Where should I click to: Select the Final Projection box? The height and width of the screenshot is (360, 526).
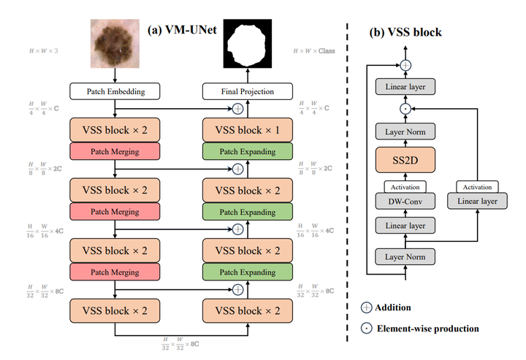click(x=247, y=92)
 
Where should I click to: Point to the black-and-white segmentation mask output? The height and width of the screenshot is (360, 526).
click(x=247, y=42)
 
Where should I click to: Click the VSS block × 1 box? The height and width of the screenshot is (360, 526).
click(x=247, y=131)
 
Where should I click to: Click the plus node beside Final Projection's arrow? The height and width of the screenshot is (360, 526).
click(x=237, y=110)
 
